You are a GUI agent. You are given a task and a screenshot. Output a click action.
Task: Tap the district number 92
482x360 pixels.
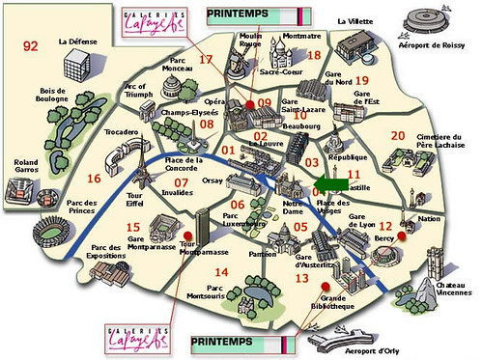tap(31, 45)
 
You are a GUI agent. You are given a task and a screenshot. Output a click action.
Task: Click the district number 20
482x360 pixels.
tap(396, 136)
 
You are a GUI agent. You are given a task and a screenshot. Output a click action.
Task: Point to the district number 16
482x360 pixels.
tap(94, 179)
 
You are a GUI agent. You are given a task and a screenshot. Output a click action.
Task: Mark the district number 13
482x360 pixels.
tap(301, 278)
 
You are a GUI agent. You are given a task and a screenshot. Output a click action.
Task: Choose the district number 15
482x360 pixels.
tap(132, 227)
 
